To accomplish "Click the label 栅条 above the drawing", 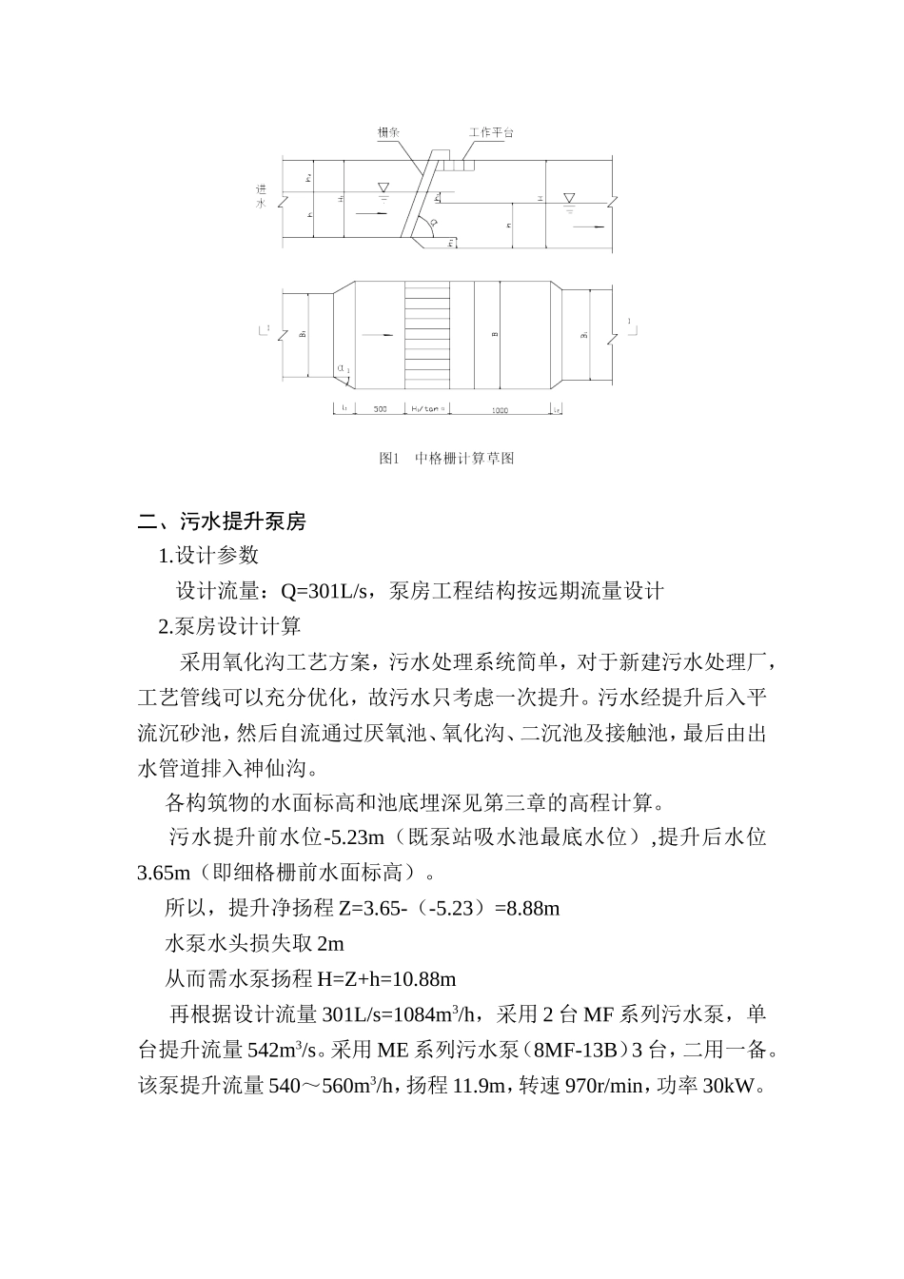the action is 388,132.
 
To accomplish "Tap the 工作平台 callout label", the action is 491,132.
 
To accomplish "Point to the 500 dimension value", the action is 380,409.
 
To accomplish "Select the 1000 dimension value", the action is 500,409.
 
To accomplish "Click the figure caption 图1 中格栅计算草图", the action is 446,459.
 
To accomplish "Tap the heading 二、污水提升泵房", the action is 222,521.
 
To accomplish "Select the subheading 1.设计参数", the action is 208,556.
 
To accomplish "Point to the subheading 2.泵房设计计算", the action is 229,626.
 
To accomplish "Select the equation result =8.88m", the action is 527,908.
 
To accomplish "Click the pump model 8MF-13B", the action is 580,1050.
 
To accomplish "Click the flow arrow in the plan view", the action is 379,335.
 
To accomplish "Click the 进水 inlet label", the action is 261,196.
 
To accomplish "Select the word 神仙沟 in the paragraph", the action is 278,766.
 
